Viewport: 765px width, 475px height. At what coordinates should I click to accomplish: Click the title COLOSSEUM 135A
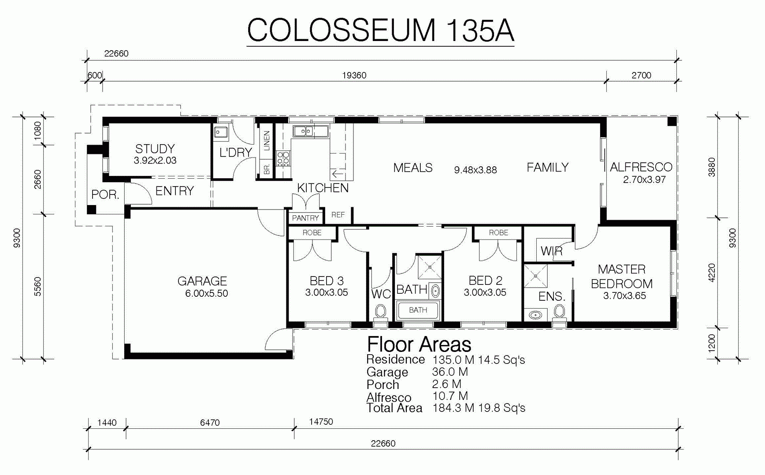(380, 30)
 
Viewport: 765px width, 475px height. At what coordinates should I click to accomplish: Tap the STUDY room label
(155, 149)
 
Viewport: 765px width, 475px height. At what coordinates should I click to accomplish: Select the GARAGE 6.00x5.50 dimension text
(207, 294)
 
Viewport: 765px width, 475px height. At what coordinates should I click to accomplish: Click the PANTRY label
(305, 218)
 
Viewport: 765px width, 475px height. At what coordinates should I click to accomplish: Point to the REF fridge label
(338, 215)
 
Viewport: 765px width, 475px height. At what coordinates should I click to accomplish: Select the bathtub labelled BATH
(418, 310)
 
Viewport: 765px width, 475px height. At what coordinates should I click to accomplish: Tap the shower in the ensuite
(535, 276)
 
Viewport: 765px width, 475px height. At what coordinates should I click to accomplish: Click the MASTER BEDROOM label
(622, 276)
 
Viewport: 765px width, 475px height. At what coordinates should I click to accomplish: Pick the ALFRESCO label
(641, 167)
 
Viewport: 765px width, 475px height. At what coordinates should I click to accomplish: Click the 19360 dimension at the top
(354, 75)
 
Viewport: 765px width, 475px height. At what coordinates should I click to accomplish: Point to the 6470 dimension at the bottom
(210, 423)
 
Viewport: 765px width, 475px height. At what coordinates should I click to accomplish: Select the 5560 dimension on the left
(37, 286)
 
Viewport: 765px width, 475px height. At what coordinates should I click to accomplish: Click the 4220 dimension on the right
(712, 273)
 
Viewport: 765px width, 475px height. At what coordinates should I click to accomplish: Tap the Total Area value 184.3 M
(453, 408)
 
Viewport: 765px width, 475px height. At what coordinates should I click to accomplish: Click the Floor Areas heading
(419, 344)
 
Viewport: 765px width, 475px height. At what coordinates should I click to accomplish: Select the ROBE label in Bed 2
(498, 232)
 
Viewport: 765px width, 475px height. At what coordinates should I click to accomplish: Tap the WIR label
(552, 251)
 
